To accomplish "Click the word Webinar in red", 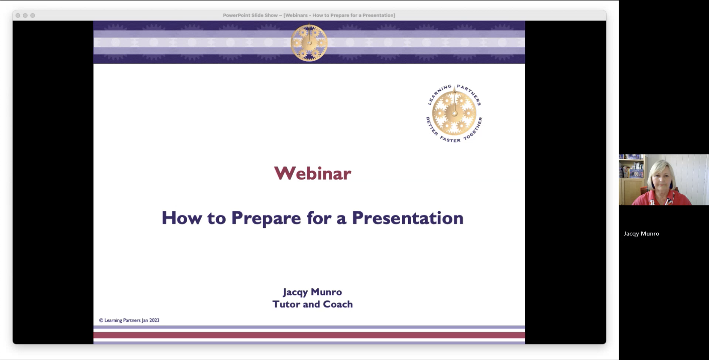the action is coord(312,173).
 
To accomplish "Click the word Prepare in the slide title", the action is coord(266,218).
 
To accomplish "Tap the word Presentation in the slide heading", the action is coord(408,218).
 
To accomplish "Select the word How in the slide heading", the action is coord(181,218).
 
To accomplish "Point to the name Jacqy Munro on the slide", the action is coord(312,292).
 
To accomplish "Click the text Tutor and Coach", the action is coord(312,304).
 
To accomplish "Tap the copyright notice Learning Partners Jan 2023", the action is coord(129,320).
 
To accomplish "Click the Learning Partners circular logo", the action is coord(454,113).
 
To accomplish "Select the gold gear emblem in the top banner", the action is coord(309,42).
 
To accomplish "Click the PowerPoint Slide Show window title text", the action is coord(309,15).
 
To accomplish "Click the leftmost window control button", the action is coord(18,15).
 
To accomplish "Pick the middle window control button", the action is coord(25,15).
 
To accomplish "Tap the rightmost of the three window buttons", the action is coord(33,15).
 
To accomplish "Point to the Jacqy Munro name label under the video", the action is coord(641,234).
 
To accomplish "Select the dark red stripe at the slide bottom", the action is coord(309,335).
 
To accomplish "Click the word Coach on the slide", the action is coord(338,304).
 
